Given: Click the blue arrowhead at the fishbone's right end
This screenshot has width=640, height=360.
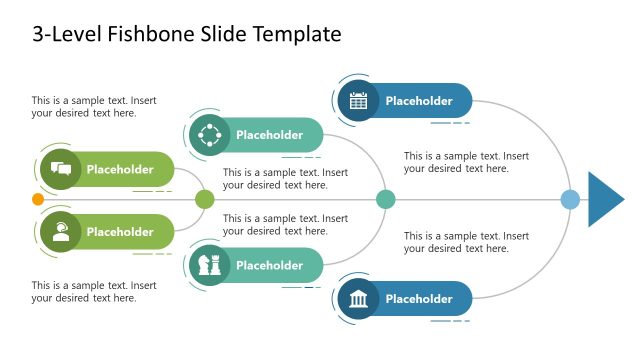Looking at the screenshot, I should pyautogui.click(x=603, y=199).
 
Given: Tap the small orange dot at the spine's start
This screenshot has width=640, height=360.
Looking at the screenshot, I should pyautogui.click(x=38, y=199).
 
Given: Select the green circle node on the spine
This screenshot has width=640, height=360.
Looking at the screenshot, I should pyautogui.click(x=204, y=199).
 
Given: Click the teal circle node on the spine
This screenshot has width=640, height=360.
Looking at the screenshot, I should pyautogui.click(x=385, y=199).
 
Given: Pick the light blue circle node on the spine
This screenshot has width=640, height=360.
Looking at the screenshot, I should pyautogui.click(x=570, y=199).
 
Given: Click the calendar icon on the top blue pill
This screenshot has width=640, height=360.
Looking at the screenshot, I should pyautogui.click(x=358, y=100).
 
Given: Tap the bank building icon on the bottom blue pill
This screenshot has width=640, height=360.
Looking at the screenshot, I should pyautogui.click(x=358, y=299).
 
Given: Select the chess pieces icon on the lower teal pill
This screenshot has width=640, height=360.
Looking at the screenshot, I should pyautogui.click(x=208, y=265).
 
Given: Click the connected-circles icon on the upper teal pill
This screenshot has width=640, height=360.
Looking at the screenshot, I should pyautogui.click(x=208, y=134).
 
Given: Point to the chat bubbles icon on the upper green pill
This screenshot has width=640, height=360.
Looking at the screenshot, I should pyautogui.click(x=60, y=169).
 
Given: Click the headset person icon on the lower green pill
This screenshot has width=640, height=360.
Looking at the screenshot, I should pyautogui.click(x=60, y=231).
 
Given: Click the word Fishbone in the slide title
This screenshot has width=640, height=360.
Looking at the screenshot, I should pyautogui.click(x=132, y=35).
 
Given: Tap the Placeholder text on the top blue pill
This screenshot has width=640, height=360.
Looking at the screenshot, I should pyautogui.click(x=419, y=100).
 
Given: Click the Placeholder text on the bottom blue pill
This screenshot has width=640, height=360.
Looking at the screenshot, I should pyautogui.click(x=419, y=299).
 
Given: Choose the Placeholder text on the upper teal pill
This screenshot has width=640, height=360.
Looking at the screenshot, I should pyautogui.click(x=269, y=135).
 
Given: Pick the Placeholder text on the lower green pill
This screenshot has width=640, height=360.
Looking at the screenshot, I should pyautogui.click(x=120, y=232).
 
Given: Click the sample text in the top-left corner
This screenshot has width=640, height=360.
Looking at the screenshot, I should pyautogui.click(x=93, y=106).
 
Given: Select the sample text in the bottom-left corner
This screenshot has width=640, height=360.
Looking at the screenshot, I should pyautogui.click(x=93, y=291).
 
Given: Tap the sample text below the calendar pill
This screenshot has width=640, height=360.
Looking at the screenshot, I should pyautogui.click(x=466, y=162).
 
